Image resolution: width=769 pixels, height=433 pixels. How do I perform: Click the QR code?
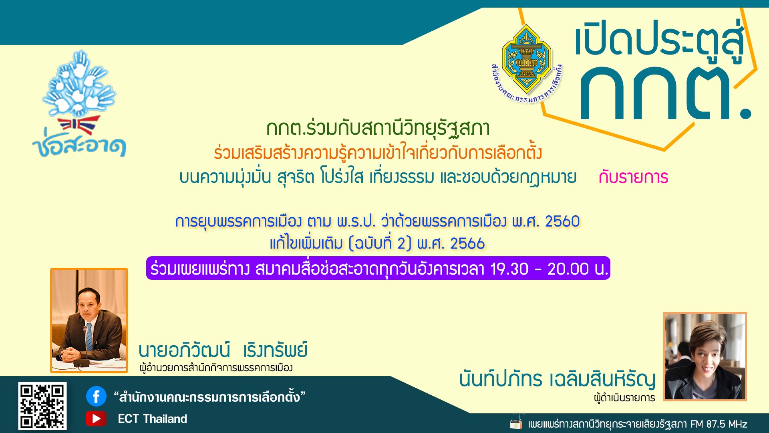coord(42,406)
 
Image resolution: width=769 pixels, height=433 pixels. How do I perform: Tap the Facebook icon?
coord(96,397)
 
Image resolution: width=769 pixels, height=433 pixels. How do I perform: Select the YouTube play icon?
coord(96,419)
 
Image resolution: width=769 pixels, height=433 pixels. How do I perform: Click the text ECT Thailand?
coord(152,419)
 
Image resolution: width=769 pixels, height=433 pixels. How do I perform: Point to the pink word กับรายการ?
coord(633,177)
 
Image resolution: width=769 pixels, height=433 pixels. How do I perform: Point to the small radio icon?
coord(516,423)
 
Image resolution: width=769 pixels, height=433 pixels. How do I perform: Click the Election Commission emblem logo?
coord(526,60)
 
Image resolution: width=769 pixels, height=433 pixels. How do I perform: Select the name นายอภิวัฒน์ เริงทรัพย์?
coord(223,350)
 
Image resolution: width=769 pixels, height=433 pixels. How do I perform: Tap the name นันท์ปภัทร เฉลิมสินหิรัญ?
coord(557,379)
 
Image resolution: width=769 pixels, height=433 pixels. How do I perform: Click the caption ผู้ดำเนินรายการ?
coord(624,398)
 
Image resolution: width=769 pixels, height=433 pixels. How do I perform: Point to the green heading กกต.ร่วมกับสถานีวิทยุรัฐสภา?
coord(378,129)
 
